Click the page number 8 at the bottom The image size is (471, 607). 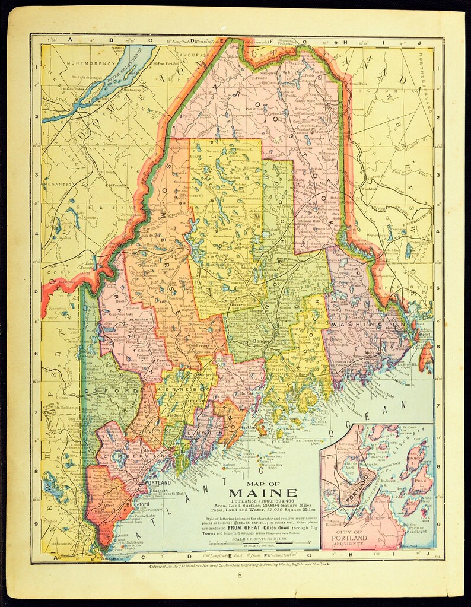240,575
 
